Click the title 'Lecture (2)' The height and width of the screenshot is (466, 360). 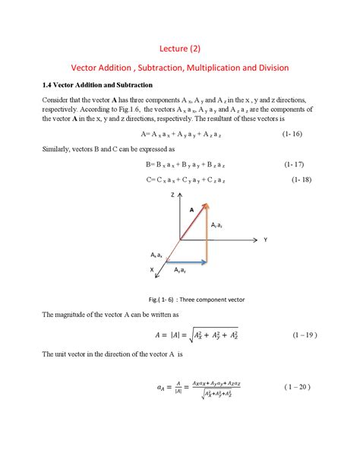180,49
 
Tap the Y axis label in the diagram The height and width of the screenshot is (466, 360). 266,239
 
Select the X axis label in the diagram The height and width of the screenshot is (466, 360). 151,270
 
